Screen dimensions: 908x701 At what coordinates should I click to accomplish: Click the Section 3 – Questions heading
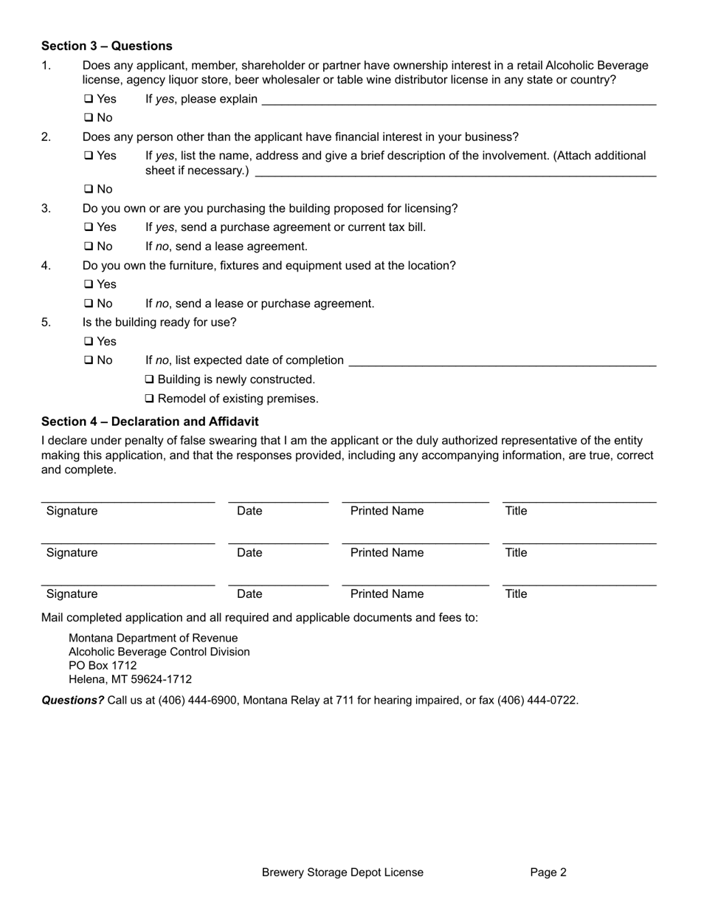106,46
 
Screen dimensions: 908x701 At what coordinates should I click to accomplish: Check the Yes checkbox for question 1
88,99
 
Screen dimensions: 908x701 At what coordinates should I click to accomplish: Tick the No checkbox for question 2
88,190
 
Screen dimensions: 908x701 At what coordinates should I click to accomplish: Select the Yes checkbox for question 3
88,227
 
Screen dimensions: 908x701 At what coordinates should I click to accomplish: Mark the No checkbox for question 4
88,303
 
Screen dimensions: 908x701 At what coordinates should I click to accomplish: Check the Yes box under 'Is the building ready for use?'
88,342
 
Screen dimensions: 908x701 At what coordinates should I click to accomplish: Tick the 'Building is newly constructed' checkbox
150,379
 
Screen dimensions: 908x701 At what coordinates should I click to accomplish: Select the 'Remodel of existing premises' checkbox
150,399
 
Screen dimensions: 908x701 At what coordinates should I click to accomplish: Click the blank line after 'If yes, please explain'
458,100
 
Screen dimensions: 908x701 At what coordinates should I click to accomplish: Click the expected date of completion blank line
502,362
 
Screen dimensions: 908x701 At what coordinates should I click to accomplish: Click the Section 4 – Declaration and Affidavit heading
150,422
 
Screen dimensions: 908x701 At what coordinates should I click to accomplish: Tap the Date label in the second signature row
249,553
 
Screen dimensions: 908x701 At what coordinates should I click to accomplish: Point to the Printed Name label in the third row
387,594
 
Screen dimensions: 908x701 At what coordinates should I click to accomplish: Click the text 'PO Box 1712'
103,666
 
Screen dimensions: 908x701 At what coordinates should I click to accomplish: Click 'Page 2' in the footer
548,873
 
